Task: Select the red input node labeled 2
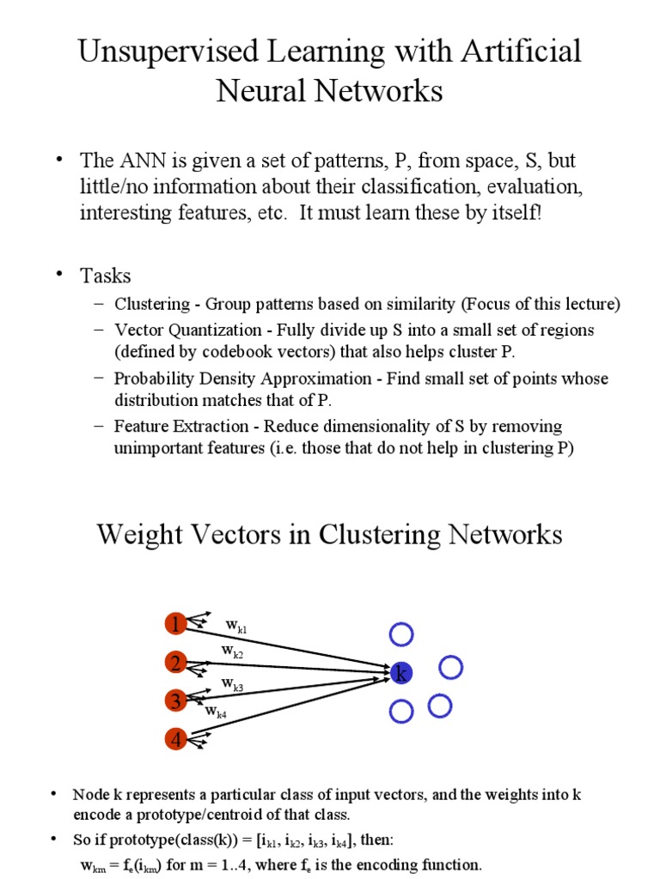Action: point(176,663)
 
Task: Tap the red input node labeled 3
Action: point(176,701)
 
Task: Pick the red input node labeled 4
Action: point(176,738)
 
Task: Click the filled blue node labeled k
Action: point(400,674)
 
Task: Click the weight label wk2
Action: point(232,652)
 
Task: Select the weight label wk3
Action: point(232,684)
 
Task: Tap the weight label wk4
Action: point(216,711)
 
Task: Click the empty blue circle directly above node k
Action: point(401,634)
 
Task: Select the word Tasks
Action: point(106,276)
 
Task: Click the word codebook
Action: point(242,352)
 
